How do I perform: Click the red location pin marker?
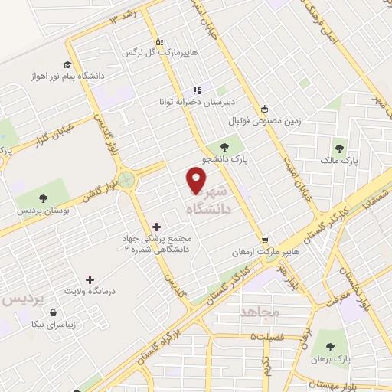pos(197,180)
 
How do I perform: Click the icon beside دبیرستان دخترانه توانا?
pos(196,89)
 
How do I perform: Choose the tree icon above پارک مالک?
pos(340,149)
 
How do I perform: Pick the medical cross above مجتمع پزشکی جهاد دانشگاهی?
pos(157,226)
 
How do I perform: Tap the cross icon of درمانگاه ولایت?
pos(90,279)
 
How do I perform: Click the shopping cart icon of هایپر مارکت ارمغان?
pos(265,239)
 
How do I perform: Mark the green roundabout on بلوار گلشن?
pos(127,180)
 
